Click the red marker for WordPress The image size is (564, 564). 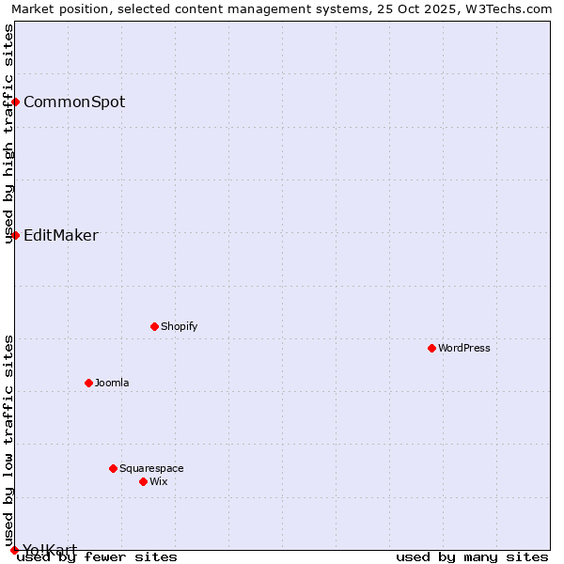[431, 348]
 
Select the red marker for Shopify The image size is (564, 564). [154, 326]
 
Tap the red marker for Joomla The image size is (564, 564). [88, 383]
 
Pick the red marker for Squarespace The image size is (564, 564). [113, 468]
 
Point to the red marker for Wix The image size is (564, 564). [143, 481]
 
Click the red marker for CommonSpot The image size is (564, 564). [16, 102]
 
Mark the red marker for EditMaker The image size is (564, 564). [16, 235]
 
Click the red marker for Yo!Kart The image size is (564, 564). [14, 550]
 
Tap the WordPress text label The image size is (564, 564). [464, 348]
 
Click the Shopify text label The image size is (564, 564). [179, 326]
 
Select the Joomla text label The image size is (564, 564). [112, 383]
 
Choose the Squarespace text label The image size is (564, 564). [151, 468]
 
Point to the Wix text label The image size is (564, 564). [158, 481]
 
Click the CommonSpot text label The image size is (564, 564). [74, 102]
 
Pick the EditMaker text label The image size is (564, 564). [61, 235]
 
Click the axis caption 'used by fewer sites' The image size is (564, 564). [97, 556]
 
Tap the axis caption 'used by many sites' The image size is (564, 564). [472, 556]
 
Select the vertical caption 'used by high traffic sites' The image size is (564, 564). [8, 133]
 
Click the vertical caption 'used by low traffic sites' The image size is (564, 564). [8, 441]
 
